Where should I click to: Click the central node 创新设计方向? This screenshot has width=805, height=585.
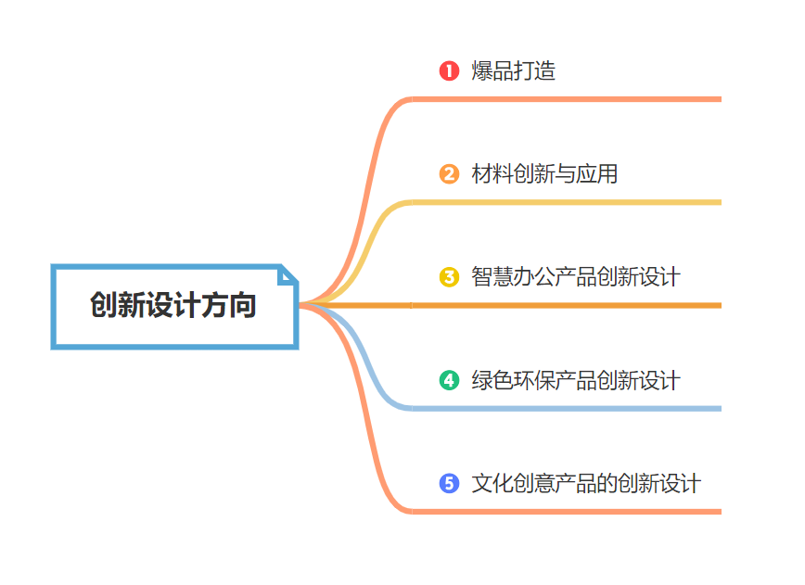click(x=173, y=306)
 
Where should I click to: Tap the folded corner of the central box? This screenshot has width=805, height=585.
click(x=288, y=274)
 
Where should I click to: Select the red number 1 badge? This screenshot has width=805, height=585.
click(x=449, y=70)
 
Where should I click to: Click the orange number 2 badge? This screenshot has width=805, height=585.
click(x=449, y=173)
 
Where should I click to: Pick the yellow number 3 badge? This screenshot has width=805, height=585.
click(x=449, y=276)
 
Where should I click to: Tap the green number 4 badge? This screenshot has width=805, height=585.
click(x=449, y=380)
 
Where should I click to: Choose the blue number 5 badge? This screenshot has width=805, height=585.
click(x=449, y=483)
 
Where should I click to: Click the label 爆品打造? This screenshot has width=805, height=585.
click(x=513, y=70)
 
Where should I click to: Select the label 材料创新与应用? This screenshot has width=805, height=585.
click(x=544, y=173)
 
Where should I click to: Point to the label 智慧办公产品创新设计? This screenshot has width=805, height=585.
click(x=575, y=276)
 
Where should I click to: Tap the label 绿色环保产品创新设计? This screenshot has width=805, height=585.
click(x=575, y=380)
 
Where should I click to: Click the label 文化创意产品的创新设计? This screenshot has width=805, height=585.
click(x=586, y=483)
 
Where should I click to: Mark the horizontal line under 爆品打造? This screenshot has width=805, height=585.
click(x=566, y=98)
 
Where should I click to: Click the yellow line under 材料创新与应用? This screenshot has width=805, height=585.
click(x=566, y=201)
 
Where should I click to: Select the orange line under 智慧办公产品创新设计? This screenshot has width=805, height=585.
click(x=566, y=305)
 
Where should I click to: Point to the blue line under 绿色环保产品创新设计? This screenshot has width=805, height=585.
click(x=566, y=408)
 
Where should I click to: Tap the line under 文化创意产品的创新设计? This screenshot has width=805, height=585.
click(x=566, y=511)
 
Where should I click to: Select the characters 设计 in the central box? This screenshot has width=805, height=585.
click(x=173, y=306)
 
